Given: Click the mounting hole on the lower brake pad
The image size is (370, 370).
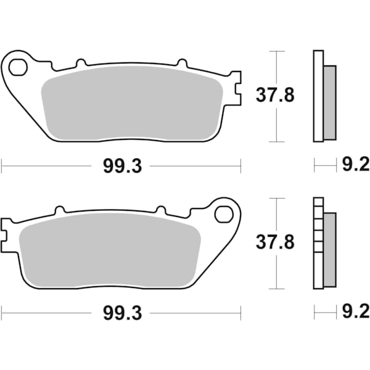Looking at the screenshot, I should [223, 214].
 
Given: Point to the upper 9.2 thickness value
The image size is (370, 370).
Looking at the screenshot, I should [355, 165].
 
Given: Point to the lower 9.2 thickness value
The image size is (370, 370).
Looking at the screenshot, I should [355, 313].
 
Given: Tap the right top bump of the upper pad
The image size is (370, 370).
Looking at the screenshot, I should [181, 62].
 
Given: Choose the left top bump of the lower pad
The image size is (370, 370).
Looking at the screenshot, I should [60, 210].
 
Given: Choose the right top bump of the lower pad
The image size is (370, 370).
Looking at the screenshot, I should [162, 210].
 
